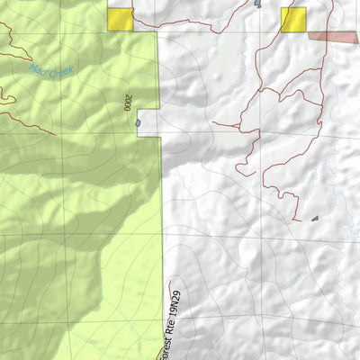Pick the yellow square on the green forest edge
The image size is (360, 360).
click(x=119, y=20)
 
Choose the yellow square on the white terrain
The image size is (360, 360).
click(x=292, y=20)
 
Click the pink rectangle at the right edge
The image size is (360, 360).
click(x=334, y=36)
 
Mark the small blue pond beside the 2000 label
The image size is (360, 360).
click(x=138, y=122)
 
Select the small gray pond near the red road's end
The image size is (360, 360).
click(x=315, y=219)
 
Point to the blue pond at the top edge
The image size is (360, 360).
click(x=257, y=4)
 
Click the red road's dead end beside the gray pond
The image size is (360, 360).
click(x=297, y=217)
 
